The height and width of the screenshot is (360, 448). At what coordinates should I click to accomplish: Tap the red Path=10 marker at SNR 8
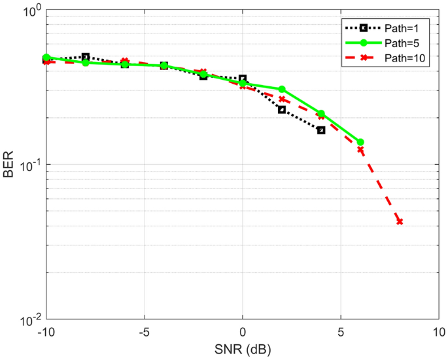[x=399, y=222]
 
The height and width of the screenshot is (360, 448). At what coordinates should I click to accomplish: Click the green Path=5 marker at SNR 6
[x=360, y=142]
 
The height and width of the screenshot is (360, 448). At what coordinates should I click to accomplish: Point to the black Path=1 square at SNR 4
[x=321, y=130]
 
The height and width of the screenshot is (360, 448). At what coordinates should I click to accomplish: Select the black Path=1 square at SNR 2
[x=282, y=109]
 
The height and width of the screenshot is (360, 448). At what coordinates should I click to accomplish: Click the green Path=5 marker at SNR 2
[x=282, y=89]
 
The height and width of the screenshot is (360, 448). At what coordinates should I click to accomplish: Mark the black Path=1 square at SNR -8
[x=86, y=57]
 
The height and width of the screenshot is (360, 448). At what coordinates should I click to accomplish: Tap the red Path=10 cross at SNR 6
[x=360, y=150]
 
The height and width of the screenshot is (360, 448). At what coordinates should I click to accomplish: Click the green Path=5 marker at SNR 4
[x=321, y=114]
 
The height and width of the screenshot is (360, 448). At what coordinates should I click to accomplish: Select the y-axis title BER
[x=9, y=166]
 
